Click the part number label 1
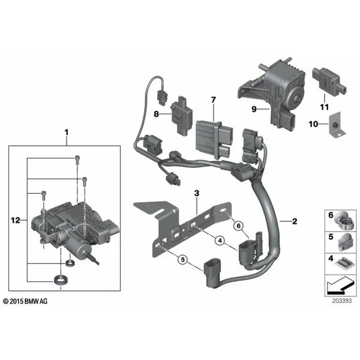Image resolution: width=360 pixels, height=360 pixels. coord(67,133)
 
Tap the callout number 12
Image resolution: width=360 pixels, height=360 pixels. coord(16,220)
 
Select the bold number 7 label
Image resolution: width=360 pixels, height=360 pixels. coord(214,100)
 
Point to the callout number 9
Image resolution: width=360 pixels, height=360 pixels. coord(254,109)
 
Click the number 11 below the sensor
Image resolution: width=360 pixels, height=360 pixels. coord(325,107)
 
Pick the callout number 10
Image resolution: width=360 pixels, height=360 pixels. coord(313,124)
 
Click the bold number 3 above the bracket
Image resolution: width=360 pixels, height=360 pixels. coord(197,193)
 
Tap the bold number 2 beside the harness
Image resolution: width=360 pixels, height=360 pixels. coord(295,221)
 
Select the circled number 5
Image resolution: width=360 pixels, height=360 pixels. coord(183,260)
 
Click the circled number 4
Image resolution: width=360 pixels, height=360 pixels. coord(220,241)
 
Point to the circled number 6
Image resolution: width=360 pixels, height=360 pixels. coord(239,226)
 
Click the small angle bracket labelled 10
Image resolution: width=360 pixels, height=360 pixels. coord(337,125)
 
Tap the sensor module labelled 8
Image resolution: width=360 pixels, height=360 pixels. coord(181,115)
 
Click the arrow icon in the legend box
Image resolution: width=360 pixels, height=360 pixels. coord(340,286)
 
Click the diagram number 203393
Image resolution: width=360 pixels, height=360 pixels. coord(342,301)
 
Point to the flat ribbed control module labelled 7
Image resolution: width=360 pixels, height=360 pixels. coord(214,139)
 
